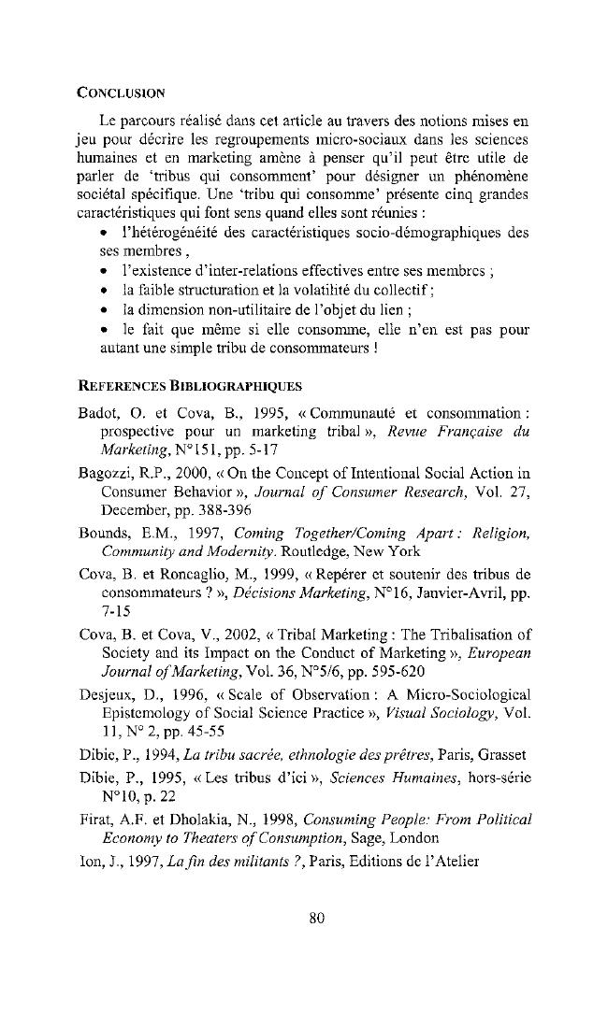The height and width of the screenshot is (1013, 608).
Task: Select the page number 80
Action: click(316, 917)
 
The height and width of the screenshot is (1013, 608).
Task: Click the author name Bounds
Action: click(101, 559)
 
